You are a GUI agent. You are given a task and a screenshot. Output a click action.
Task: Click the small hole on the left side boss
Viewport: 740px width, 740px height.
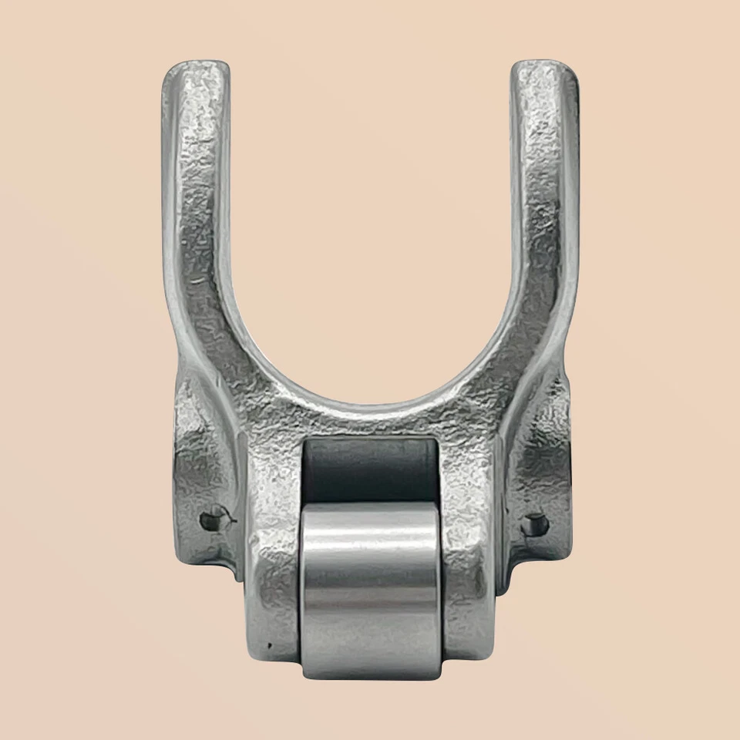pos(209,521)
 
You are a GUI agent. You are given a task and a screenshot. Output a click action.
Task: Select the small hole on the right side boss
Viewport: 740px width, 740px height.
pos(534,526)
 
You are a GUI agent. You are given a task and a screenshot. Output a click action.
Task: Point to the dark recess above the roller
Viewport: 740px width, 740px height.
pos(371,470)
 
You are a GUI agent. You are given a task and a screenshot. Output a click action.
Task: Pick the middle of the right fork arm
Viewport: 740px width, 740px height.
pos(542,231)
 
